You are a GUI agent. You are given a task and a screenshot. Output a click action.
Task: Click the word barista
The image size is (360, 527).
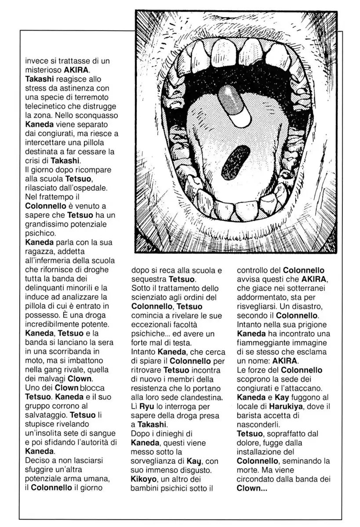(251, 415)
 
